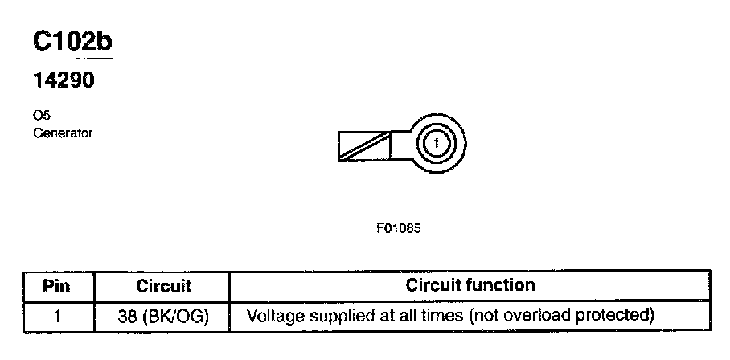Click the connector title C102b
[x=72, y=41]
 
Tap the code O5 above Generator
[x=40, y=117]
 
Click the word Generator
[x=63, y=133]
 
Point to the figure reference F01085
[x=399, y=227]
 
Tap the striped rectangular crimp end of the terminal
[x=364, y=145]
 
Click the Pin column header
[x=59, y=286]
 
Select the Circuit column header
[x=163, y=286]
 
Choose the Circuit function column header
[x=470, y=285]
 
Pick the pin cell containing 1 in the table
[x=59, y=315]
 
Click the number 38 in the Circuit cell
[x=126, y=315]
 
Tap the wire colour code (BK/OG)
[x=175, y=315]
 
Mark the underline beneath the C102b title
[x=72, y=59]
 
